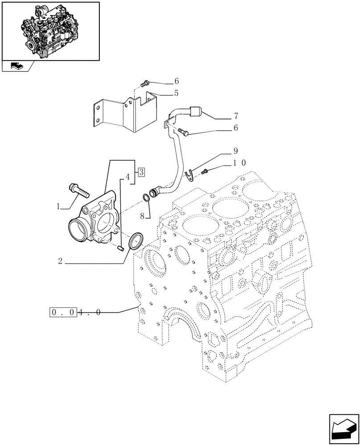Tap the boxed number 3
141,171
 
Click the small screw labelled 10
206,171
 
